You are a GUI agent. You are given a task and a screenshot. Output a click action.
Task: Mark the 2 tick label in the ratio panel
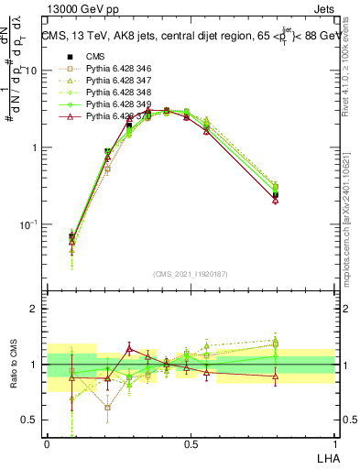tap(34, 310)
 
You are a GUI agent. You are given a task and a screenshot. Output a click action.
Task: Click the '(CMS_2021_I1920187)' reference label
tap(191, 273)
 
